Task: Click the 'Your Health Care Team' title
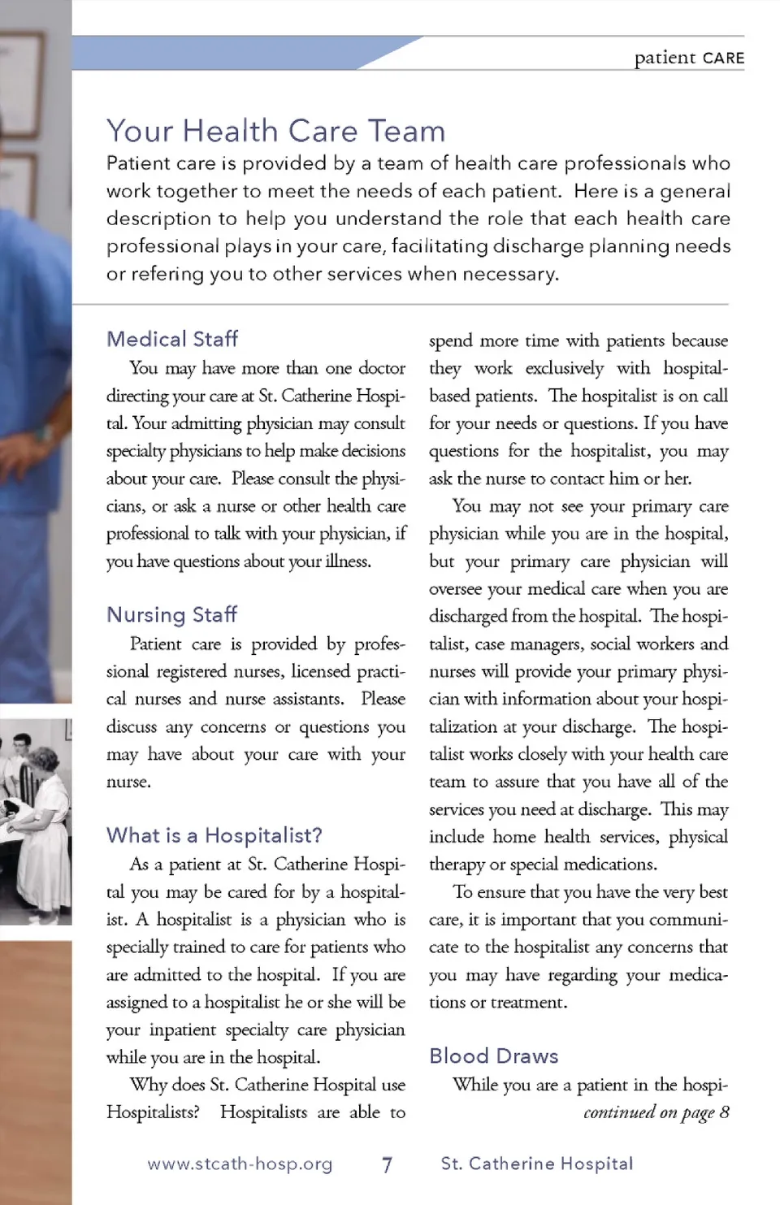[275, 131]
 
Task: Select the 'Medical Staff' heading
[172, 339]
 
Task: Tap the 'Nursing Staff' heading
[171, 614]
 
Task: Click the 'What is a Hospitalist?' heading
[214, 835]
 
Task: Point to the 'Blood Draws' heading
[493, 1055]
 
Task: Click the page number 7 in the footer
[387, 1164]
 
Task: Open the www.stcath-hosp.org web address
[240, 1164]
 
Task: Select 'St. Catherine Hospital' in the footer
[536, 1164]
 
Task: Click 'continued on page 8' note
[656, 1112]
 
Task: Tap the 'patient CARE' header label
[689, 58]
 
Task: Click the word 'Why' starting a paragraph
[149, 1085]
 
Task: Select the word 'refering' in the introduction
[167, 274]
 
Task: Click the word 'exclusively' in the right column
[564, 368]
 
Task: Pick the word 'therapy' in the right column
[455, 865]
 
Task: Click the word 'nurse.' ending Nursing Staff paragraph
[128, 782]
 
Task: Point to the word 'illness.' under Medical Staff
[348, 561]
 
